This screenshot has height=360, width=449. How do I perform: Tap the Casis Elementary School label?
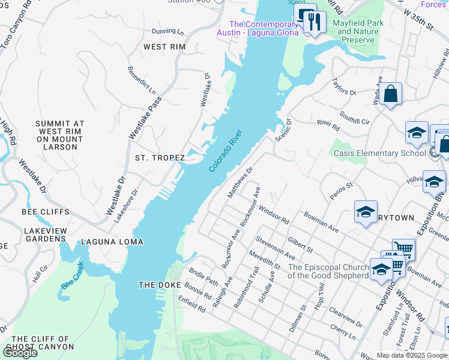click(379, 153)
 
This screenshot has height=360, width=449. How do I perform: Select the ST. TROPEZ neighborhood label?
click(159, 158)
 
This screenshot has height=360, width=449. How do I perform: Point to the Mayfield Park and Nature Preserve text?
click(358, 31)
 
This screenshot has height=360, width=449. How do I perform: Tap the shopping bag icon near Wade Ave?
click(390, 94)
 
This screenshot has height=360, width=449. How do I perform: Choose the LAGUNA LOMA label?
click(117, 242)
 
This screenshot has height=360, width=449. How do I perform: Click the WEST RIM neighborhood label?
click(164, 47)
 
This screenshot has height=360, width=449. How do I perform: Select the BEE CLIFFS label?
click(46, 212)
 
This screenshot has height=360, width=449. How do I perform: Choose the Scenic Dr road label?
click(283, 129)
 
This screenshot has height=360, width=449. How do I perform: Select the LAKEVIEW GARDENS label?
click(45, 235)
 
